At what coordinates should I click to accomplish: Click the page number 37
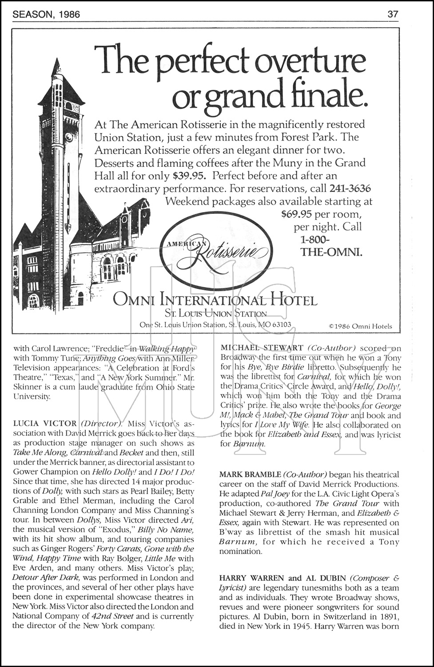tap(393, 14)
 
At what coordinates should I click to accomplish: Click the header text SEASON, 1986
tap(46, 14)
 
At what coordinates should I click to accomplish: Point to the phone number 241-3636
tap(350, 188)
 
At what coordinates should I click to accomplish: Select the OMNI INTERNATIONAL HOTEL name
tap(215, 300)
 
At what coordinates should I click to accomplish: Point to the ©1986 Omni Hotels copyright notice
tap(360, 326)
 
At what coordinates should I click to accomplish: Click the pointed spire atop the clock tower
tap(56, 67)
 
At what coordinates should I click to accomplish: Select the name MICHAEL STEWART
tap(262, 348)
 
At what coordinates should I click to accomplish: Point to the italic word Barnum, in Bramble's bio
tap(238, 542)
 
